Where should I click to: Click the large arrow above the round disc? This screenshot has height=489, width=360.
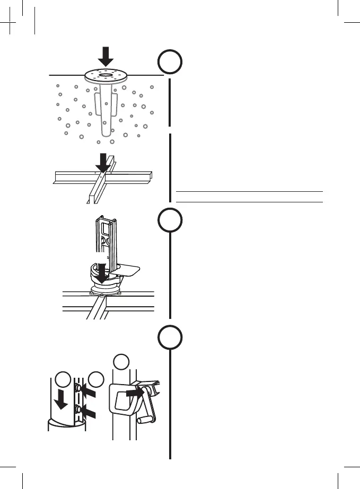click(106, 55)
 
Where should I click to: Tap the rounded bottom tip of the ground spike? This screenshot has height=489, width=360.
click(106, 136)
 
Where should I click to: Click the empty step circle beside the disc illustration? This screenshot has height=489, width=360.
click(170, 63)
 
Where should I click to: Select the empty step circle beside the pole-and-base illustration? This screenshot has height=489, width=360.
click(170, 220)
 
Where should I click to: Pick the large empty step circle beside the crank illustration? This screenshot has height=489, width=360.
click(170, 337)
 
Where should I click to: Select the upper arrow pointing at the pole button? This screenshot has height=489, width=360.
click(88, 390)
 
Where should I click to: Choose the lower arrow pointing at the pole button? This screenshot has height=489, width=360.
click(88, 412)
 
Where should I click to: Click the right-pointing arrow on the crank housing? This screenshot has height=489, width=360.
click(135, 393)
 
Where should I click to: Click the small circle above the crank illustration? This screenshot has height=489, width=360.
click(121, 362)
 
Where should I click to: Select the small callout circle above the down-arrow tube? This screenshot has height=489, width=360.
click(63, 379)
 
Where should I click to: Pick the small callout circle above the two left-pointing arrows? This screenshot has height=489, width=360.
click(96, 379)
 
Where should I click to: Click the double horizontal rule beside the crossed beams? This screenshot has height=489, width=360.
click(249, 197)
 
